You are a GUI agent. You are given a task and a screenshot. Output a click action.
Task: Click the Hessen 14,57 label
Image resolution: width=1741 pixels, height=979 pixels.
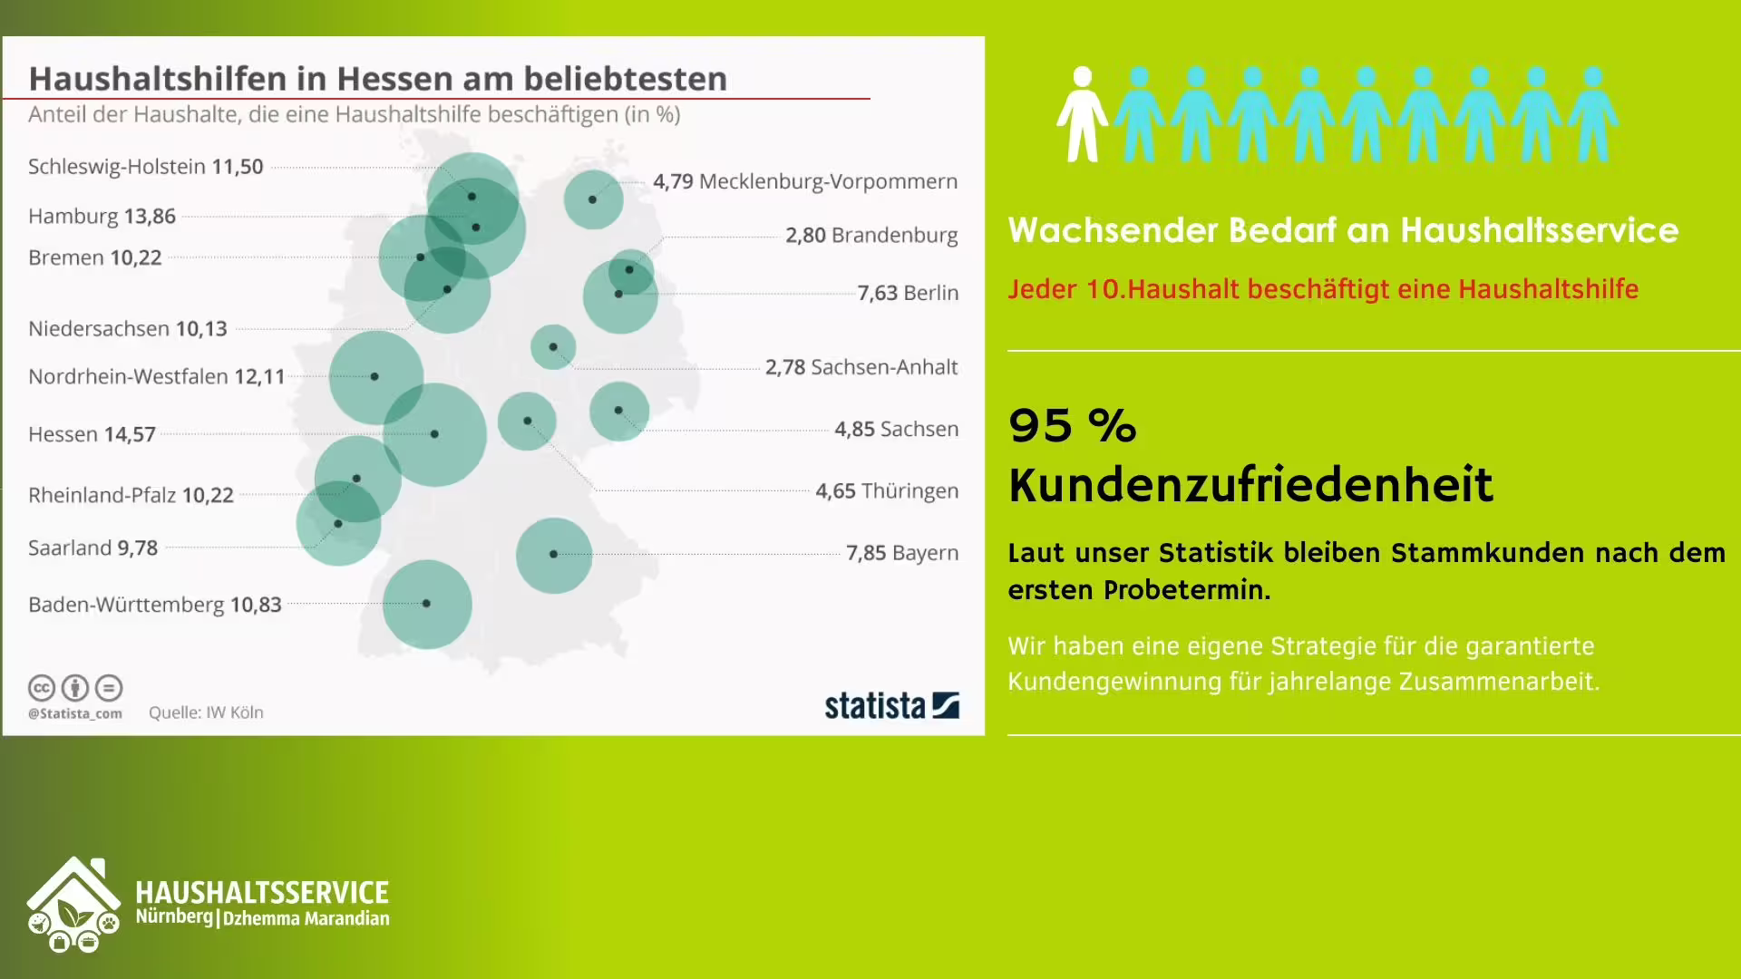point(92,434)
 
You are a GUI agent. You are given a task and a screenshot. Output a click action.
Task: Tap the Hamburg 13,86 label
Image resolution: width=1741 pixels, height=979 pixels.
point(102,217)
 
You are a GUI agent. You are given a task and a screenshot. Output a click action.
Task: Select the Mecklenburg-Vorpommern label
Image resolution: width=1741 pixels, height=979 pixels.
point(805,181)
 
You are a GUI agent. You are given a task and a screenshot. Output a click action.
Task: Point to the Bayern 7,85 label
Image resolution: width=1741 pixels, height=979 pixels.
point(901,553)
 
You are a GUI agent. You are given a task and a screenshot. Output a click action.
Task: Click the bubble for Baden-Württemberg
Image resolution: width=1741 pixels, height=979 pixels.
point(427,604)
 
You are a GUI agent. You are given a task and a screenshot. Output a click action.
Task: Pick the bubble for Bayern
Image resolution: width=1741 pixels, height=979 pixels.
point(553,555)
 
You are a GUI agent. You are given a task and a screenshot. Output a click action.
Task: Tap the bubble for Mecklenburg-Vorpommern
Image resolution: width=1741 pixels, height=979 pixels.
point(593,199)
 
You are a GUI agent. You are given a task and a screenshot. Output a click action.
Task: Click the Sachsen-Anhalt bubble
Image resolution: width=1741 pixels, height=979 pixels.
point(553,347)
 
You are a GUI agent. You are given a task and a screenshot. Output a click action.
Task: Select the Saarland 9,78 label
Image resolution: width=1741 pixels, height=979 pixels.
point(92,548)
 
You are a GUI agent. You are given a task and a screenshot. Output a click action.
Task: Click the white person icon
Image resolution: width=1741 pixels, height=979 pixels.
point(1081,114)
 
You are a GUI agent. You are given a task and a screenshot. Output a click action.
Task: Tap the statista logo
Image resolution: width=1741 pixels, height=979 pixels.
point(891,705)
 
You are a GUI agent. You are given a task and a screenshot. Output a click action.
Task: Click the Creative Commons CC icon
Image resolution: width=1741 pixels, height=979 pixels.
point(42,688)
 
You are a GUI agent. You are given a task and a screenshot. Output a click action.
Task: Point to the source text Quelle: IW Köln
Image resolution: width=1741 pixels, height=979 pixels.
point(206,712)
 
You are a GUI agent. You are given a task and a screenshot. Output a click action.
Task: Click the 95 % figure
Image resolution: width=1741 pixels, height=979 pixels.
point(1072,425)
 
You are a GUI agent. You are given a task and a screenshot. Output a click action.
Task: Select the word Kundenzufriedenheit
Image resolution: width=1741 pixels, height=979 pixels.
point(1250,484)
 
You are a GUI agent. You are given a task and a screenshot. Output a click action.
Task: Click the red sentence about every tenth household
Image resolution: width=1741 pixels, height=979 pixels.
point(1323,289)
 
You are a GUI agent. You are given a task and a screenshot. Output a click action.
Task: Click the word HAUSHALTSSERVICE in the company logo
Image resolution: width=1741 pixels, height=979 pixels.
point(262,893)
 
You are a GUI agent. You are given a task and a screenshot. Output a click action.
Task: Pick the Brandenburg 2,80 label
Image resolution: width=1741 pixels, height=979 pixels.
point(870,236)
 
